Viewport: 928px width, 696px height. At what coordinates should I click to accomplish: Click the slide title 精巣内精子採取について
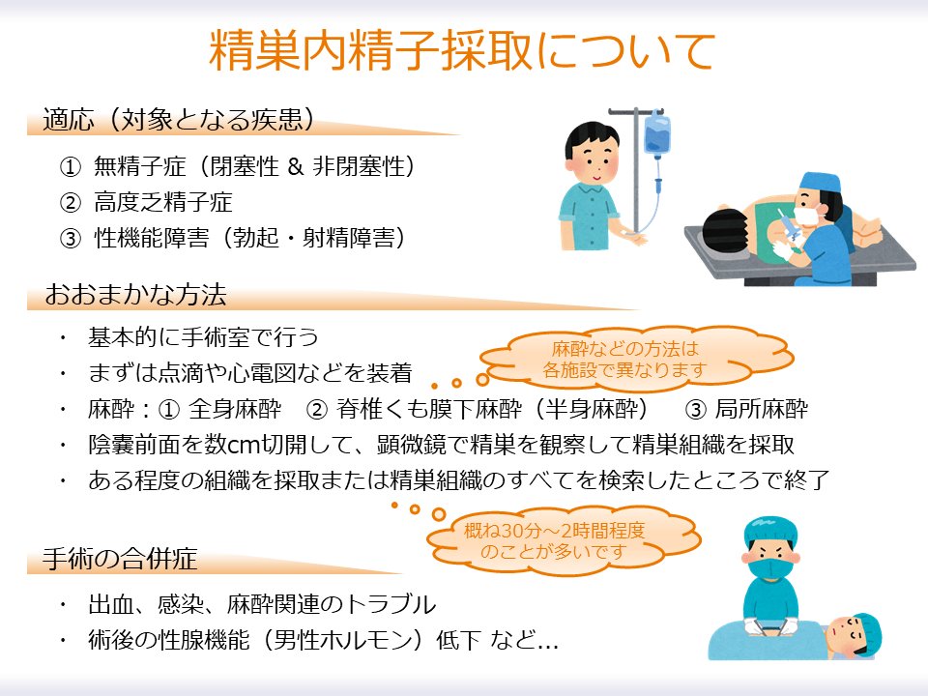coord(463,50)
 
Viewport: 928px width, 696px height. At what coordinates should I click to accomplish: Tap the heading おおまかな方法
coord(135,295)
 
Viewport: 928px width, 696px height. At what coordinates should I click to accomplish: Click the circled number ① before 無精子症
coord(70,167)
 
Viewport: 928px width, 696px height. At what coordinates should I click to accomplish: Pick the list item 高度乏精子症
coord(163,202)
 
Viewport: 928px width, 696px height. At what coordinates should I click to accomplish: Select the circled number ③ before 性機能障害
coord(70,238)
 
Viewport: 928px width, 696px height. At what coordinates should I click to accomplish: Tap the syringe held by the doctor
coord(784,231)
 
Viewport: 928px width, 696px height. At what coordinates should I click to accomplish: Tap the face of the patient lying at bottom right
coord(851,634)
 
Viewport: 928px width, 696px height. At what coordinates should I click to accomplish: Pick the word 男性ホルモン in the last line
coord(325,641)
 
